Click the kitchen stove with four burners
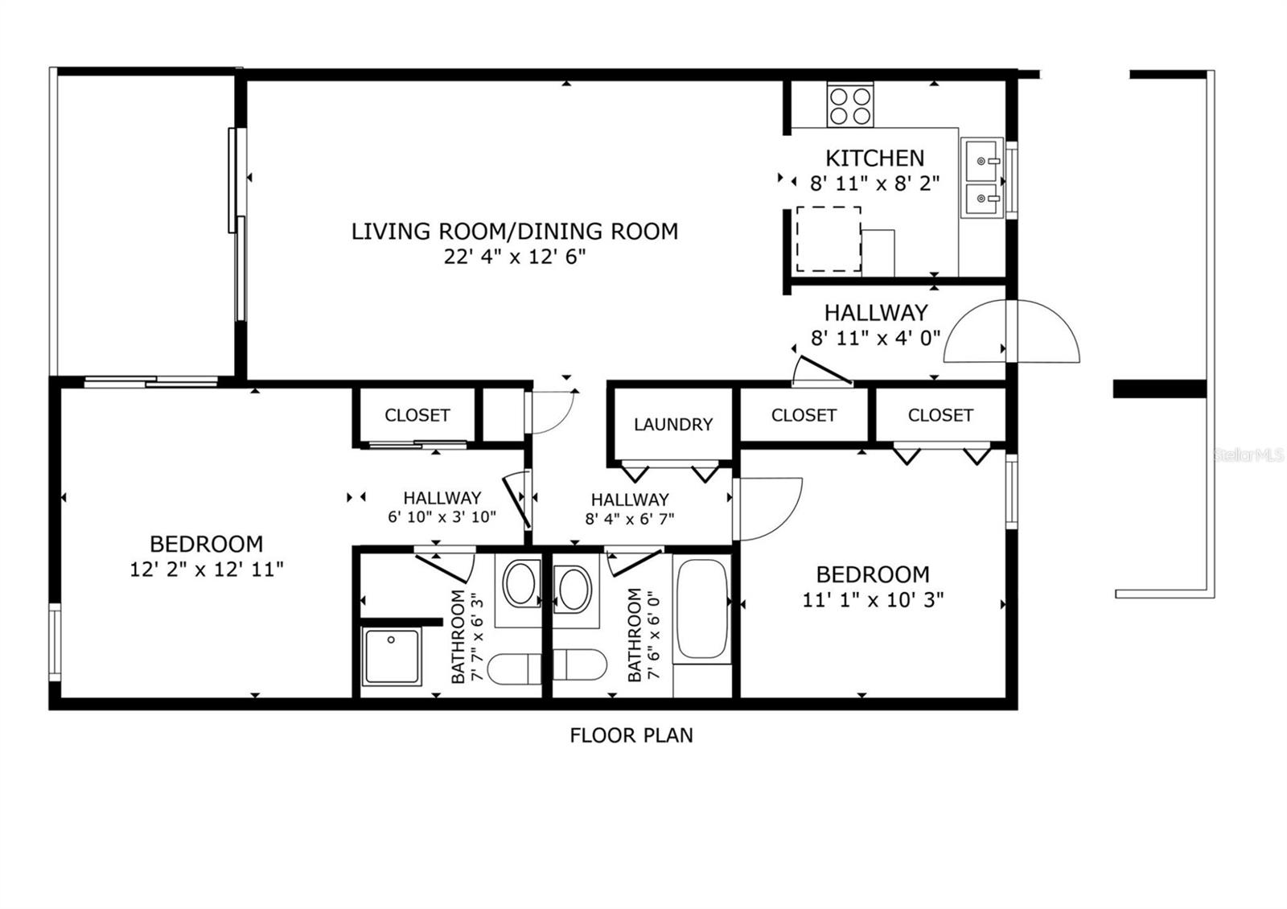tap(851, 105)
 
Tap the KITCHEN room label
tap(874, 158)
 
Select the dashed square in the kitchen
tap(829, 239)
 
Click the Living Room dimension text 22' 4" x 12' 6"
tap(515, 257)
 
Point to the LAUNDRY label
tap(673, 424)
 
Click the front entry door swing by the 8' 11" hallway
tap(1012, 331)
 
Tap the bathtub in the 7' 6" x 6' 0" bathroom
tap(702, 609)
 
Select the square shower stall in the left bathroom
tap(391, 656)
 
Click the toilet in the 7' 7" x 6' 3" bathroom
tap(514, 667)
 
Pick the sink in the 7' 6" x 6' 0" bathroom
tap(574, 589)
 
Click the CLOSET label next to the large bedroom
tap(417, 415)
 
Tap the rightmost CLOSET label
tap(940, 415)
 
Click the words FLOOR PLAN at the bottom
tap(631, 735)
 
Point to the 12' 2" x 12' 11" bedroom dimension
tap(207, 570)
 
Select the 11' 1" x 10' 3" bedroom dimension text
tap(873, 599)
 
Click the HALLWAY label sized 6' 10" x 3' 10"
tap(442, 498)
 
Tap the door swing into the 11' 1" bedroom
tap(768, 508)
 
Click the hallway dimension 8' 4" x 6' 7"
tap(630, 519)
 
